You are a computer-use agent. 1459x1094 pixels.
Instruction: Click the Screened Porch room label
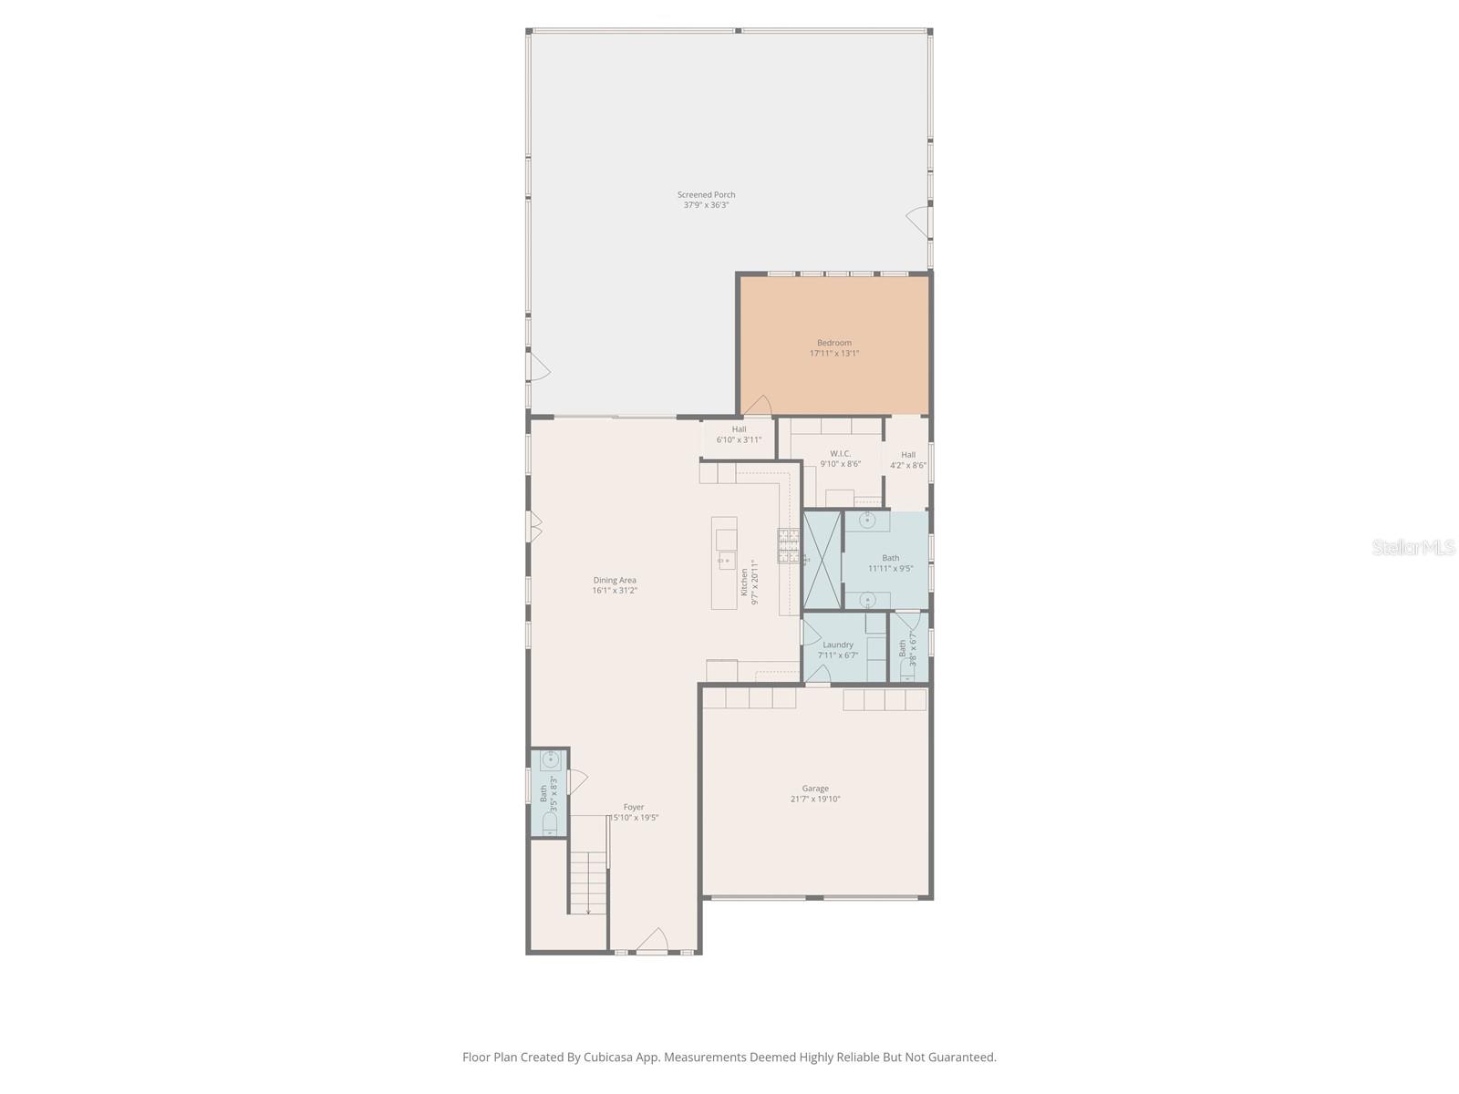706,200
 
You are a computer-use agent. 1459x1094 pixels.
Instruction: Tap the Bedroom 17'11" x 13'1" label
834,348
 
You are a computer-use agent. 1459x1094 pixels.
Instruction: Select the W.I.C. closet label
840,459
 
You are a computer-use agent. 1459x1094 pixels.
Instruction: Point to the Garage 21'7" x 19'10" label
815,794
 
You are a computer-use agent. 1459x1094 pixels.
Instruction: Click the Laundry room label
838,649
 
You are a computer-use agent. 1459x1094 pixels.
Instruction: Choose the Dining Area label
615,585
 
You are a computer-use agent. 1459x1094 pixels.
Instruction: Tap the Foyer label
634,812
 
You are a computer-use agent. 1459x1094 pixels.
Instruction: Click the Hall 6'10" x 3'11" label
739,435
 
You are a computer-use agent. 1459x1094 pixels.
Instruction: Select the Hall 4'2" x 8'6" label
908,459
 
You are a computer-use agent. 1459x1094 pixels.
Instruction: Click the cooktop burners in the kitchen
787,545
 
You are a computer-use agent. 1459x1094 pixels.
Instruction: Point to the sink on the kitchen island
727,560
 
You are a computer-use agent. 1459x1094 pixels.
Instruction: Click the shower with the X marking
822,560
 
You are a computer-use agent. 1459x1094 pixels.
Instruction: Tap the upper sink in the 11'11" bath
868,521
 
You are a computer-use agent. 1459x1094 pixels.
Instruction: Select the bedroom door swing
759,406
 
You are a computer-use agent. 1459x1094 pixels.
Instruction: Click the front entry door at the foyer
653,943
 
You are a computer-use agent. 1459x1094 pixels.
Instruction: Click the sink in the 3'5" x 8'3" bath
550,760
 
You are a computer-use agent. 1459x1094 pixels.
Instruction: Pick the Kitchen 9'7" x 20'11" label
749,583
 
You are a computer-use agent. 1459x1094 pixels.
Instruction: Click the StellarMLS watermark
1412,547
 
